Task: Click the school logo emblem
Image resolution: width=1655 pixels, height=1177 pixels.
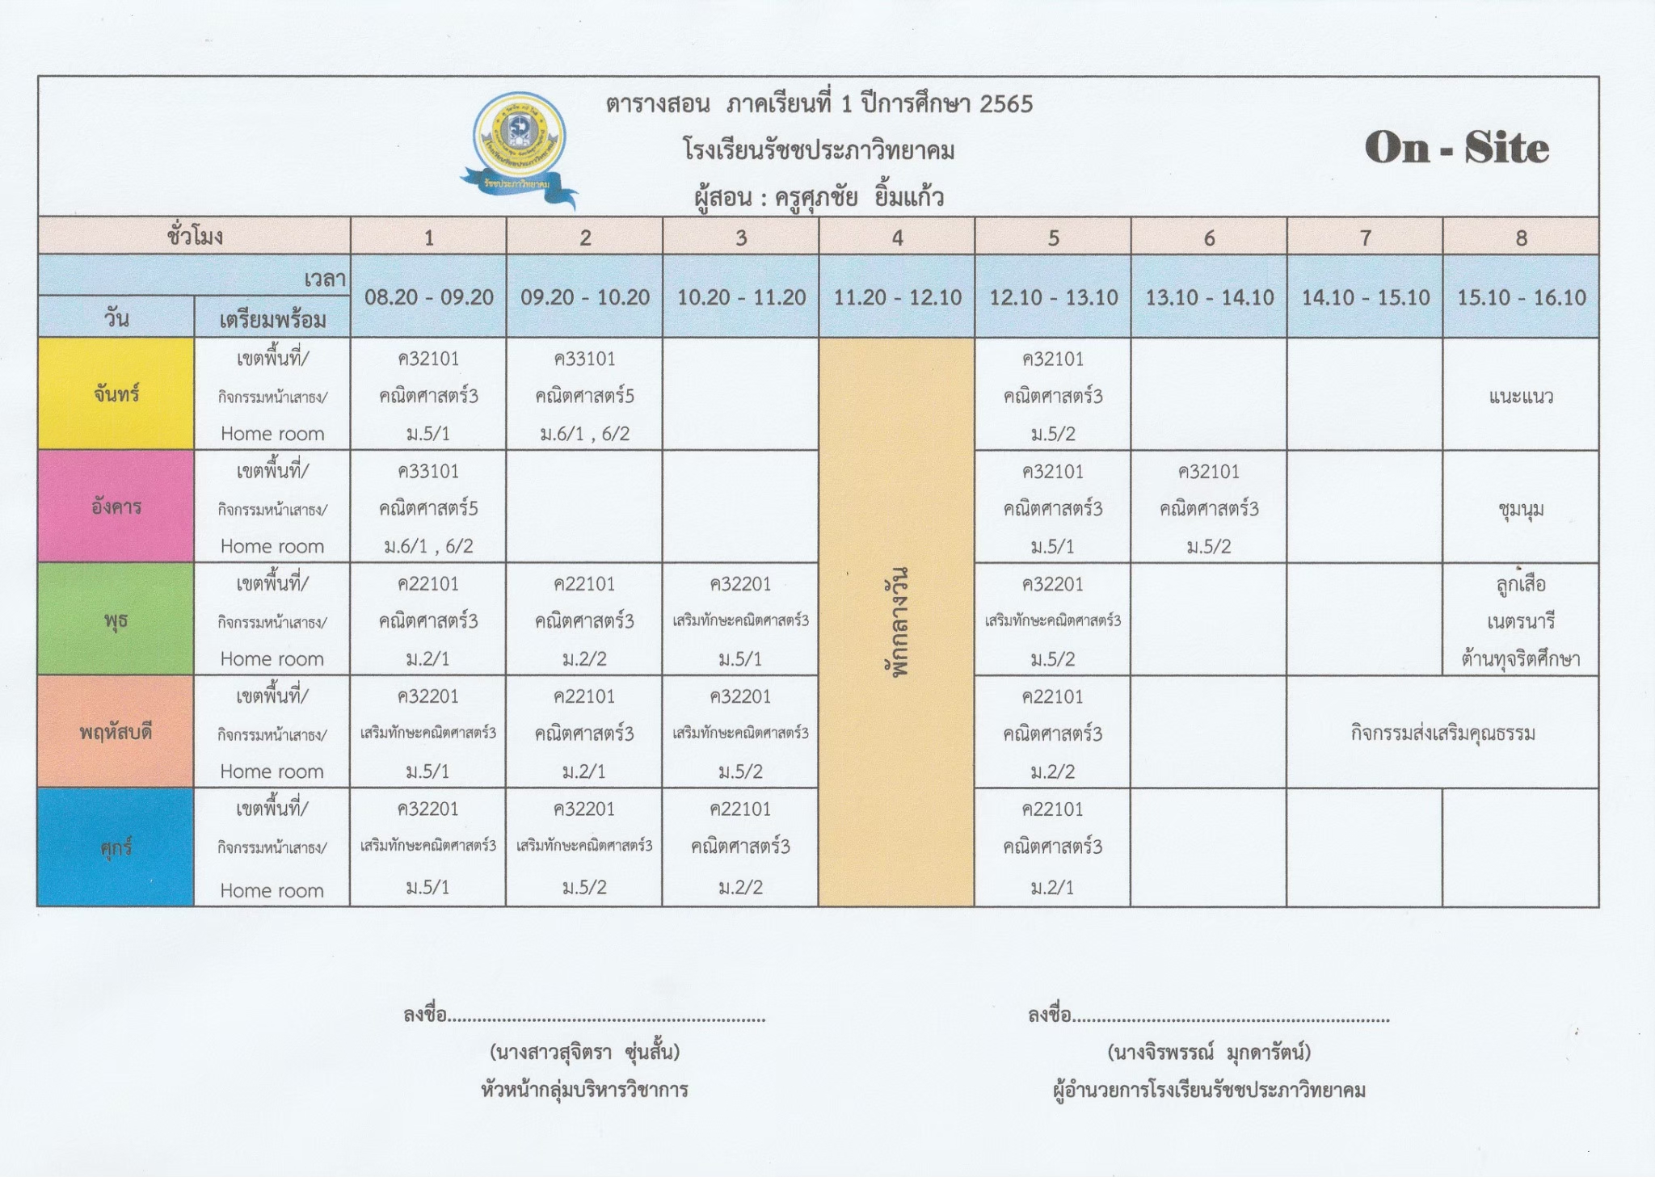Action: [519, 145]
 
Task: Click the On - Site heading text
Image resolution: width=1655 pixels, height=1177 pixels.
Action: [1456, 148]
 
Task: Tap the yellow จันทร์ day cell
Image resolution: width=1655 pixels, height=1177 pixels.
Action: [116, 394]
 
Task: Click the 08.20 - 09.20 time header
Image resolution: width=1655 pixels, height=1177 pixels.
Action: [428, 297]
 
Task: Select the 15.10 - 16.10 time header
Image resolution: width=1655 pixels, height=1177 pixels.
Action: [1521, 297]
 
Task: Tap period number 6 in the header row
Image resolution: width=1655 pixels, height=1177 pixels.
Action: [1209, 238]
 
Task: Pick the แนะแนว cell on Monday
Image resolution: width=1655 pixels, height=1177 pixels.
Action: [1521, 396]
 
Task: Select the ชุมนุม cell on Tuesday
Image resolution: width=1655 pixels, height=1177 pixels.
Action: [1521, 509]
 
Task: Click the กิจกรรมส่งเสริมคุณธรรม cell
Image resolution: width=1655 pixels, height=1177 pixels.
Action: [1442, 734]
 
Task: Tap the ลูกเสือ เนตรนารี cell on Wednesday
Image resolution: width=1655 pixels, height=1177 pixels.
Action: [1521, 620]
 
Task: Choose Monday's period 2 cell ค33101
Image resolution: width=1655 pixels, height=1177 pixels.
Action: [584, 395]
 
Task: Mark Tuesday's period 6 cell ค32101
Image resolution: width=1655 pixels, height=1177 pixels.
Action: [1209, 508]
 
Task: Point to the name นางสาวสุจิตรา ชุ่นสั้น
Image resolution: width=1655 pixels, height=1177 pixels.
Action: [584, 1052]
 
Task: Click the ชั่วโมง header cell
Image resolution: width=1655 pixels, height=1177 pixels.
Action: [195, 237]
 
